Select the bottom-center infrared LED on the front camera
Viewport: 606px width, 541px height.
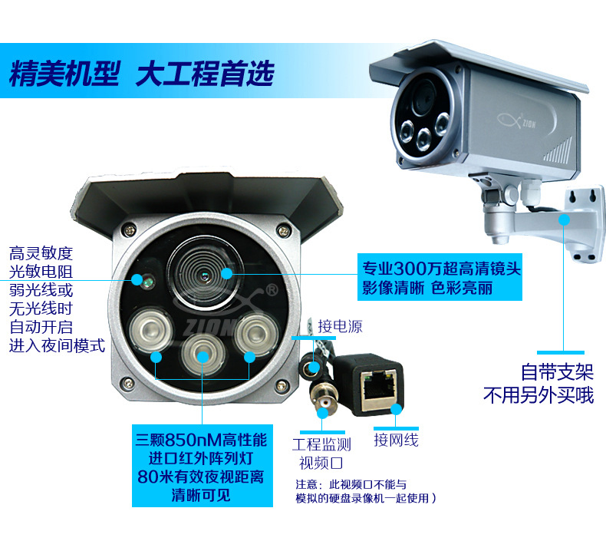pyautogui.click(x=203, y=354)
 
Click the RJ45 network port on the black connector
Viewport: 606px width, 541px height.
pyautogui.click(x=379, y=384)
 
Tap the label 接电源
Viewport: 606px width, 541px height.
pyautogui.click(x=340, y=326)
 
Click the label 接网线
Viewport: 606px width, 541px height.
pyautogui.click(x=396, y=440)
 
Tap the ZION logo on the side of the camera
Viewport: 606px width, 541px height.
pyautogui.click(x=517, y=121)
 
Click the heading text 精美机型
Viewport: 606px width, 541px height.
pyautogui.click(x=64, y=74)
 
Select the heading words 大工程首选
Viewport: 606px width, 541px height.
pyautogui.click(x=205, y=74)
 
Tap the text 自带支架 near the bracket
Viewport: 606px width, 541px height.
pyautogui.click(x=557, y=372)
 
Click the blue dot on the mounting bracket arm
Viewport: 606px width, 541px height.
pyautogui.click(x=564, y=219)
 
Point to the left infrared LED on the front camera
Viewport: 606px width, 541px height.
pyautogui.click(x=150, y=329)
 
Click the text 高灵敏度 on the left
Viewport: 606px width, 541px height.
pyautogui.click(x=41, y=253)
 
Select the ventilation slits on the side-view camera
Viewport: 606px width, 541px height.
pyautogui.click(x=558, y=150)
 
